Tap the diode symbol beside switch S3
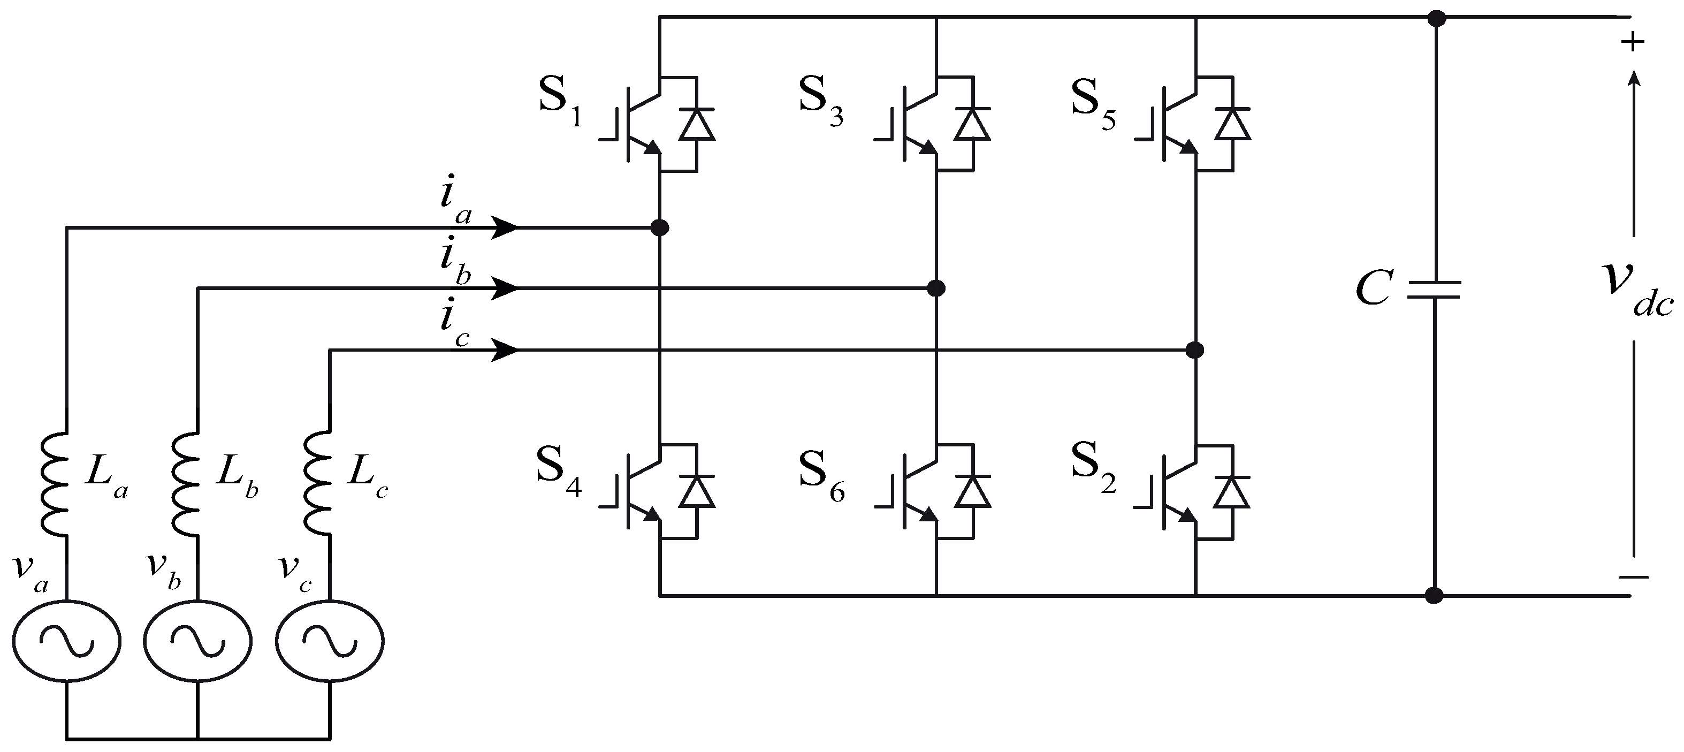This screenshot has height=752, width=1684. click(x=972, y=124)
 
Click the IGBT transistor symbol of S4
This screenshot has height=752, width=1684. click(x=637, y=490)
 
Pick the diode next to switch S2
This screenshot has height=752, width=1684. click(x=1232, y=492)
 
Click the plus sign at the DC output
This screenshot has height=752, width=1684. click(x=1632, y=42)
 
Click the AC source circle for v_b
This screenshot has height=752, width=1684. click(x=197, y=641)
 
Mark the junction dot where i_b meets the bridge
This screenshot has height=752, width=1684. click(x=936, y=288)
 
